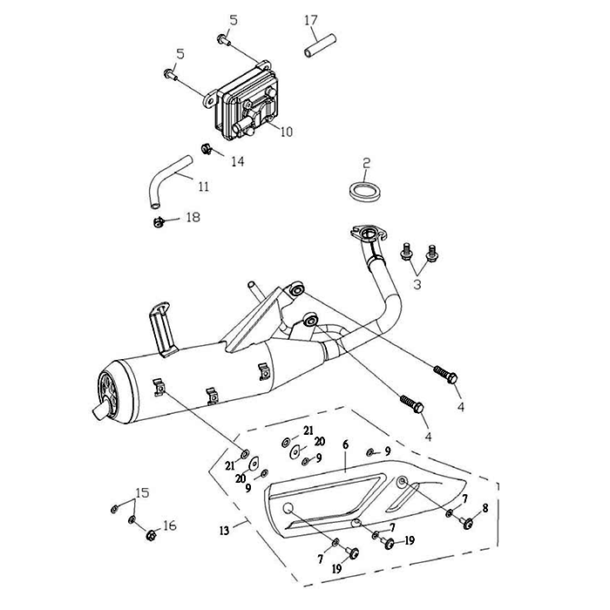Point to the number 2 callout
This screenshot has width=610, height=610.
(x=367, y=163)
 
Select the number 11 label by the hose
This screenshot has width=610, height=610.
(x=202, y=186)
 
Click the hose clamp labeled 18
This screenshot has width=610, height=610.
(x=159, y=224)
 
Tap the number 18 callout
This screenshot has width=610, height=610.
(x=192, y=217)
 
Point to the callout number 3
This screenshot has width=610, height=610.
(x=417, y=285)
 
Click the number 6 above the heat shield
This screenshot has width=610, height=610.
(x=345, y=445)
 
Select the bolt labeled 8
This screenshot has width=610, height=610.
(x=467, y=523)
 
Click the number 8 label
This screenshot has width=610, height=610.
(x=485, y=507)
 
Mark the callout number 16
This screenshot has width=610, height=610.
(x=170, y=525)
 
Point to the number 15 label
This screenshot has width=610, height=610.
(x=143, y=492)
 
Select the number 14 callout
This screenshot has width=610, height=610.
(x=237, y=161)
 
